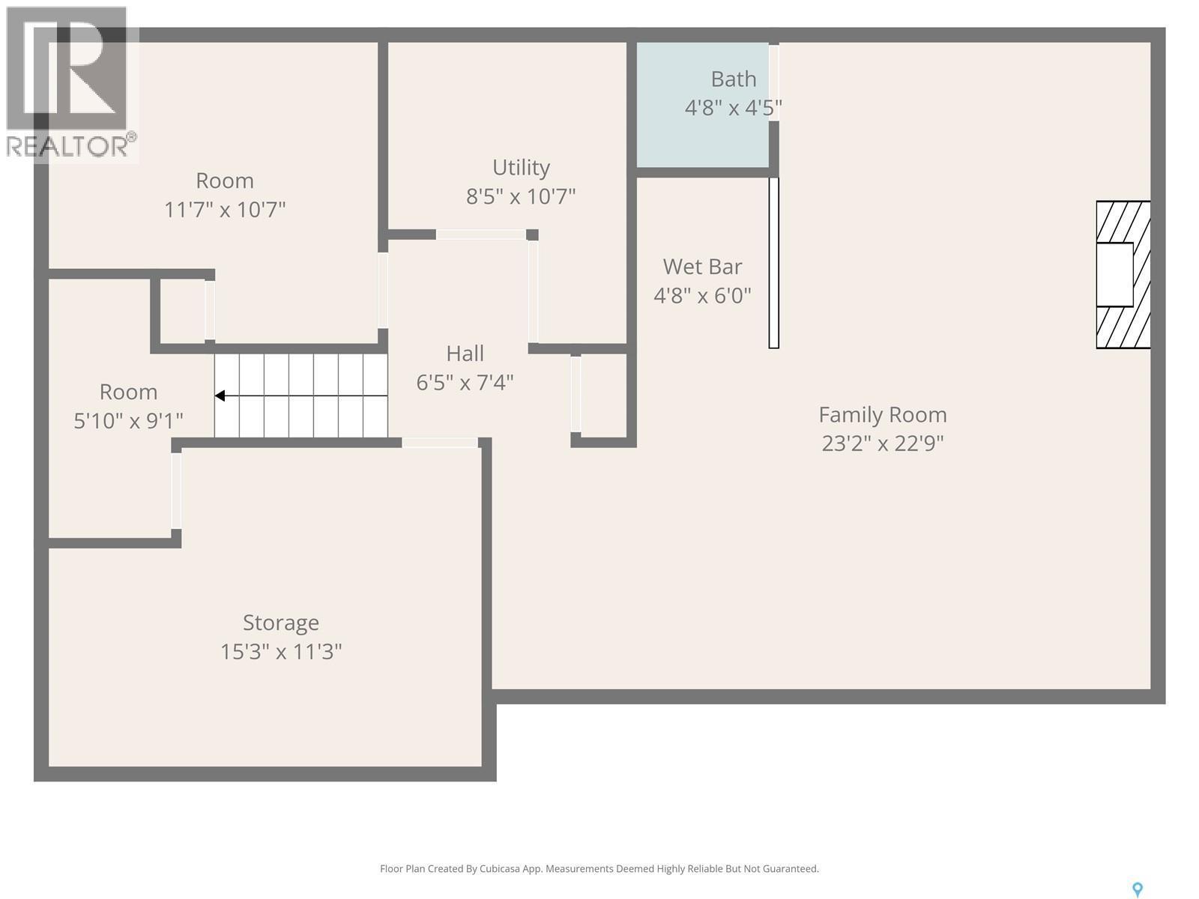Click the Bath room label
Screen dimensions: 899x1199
click(x=733, y=79)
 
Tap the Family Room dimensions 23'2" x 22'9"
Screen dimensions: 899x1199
click(x=882, y=444)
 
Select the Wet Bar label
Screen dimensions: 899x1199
click(x=702, y=267)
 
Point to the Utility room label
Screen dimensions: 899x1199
click(x=521, y=167)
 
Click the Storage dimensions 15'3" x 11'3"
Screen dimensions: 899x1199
click(x=281, y=652)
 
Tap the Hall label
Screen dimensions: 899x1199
click(x=465, y=354)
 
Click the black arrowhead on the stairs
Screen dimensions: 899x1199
click(x=220, y=396)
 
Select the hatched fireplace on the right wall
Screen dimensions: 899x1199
click(x=1123, y=274)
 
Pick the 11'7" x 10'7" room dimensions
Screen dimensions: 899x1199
click(x=225, y=209)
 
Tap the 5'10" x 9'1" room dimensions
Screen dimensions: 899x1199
click(x=128, y=421)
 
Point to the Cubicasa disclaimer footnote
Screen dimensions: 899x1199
click(x=599, y=869)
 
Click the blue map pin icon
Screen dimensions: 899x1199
click(x=1137, y=889)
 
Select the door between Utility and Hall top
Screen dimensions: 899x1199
click(x=480, y=234)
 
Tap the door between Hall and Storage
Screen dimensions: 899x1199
click(x=440, y=443)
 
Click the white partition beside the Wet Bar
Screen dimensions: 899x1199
click(x=774, y=262)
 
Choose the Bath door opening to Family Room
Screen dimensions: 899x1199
click(x=774, y=82)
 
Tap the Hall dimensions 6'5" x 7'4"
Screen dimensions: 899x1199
click(x=465, y=383)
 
